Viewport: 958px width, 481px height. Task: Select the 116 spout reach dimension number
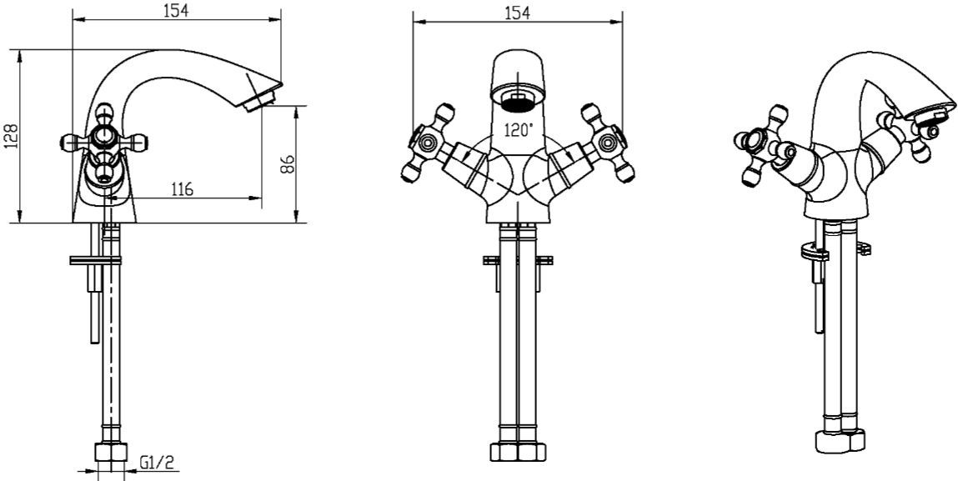(x=182, y=189)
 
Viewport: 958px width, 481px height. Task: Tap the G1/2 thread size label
(x=158, y=463)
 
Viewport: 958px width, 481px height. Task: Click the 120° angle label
(x=519, y=129)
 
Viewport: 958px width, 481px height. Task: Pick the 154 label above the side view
(x=177, y=11)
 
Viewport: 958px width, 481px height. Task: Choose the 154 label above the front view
(x=518, y=12)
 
